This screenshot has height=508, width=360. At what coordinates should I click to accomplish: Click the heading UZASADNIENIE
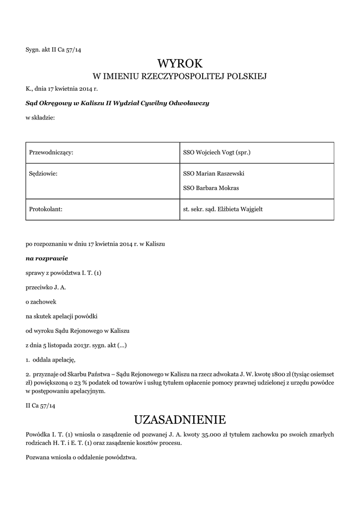click(x=180, y=420)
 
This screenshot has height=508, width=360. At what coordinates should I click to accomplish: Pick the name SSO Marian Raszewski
click(x=214, y=174)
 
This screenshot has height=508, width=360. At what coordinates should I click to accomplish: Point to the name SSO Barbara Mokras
click(x=211, y=188)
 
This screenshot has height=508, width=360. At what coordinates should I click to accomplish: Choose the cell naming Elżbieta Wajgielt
click(x=223, y=209)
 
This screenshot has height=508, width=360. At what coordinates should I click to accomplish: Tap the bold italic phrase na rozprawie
click(x=47, y=258)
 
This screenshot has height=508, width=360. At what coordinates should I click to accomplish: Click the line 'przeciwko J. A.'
click(x=46, y=287)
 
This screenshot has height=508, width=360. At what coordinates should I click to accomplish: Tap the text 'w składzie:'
click(x=40, y=118)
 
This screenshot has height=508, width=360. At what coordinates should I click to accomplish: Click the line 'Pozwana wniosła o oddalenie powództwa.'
click(x=81, y=457)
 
